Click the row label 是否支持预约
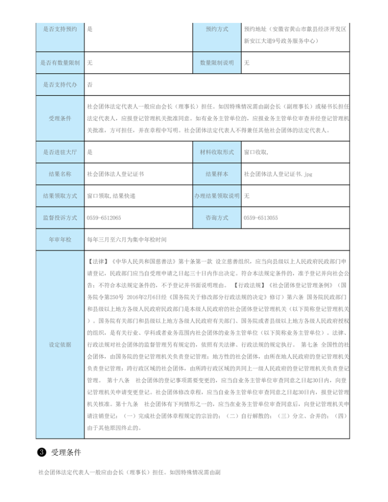pyautogui.click(x=60, y=29)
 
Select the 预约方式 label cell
pyautogui.click(x=217, y=29)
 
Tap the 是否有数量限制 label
pyautogui.click(x=60, y=63)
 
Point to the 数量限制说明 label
pyautogui.click(x=217, y=63)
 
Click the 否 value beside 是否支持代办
pyautogui.click(x=90, y=84)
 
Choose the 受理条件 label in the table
pyautogui.click(x=60, y=118)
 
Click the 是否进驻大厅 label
pyautogui.click(x=60, y=152)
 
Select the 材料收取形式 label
pyautogui.click(x=217, y=152)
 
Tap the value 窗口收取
pyautogui.click(x=257, y=152)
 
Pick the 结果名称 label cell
pyautogui.click(x=60, y=174)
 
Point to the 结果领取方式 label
pyautogui.click(x=60, y=196)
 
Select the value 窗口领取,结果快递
pyautogui.click(x=111, y=196)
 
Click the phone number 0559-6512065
pyautogui.click(x=104, y=218)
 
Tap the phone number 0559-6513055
pyautogui.click(x=260, y=218)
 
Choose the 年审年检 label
pyautogui.click(x=60, y=240)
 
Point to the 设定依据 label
pyautogui.click(x=60, y=344)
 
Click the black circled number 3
pyautogui.click(x=42, y=453)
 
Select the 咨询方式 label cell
pyautogui.click(x=217, y=218)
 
